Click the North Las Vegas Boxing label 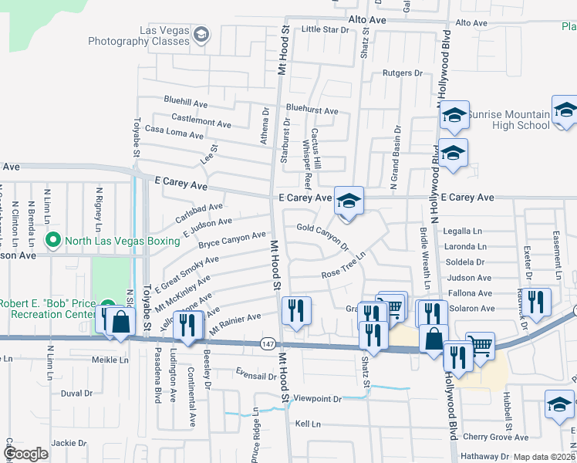point(122,240)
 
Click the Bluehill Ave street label point(185,102)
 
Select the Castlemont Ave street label point(201,123)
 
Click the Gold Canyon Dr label point(323,236)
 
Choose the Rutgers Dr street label point(403,74)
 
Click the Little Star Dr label point(325,29)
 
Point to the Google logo point(26,454)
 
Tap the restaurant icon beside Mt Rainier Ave point(187,327)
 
